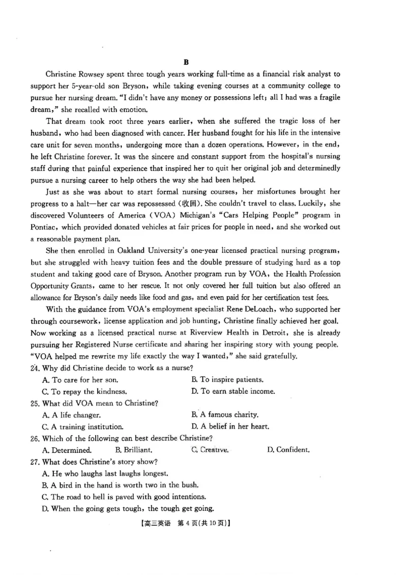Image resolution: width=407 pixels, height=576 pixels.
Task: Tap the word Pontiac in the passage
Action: pyautogui.click(x=45, y=227)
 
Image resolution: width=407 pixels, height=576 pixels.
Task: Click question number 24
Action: pyautogui.click(x=36, y=368)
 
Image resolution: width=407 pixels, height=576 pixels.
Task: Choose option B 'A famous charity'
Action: pyautogui.click(x=225, y=415)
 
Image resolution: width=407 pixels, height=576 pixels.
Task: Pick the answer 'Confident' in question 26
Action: pyautogui.click(x=288, y=450)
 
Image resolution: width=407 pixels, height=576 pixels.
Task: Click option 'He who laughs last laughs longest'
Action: pyautogui.click(x=115, y=473)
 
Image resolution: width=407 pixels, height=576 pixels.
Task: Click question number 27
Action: pyautogui.click(x=36, y=462)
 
